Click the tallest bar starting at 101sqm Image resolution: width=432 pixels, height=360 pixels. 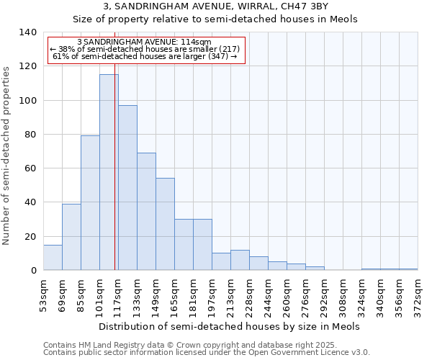click(x=109, y=173)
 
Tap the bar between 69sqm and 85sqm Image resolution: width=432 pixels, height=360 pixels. click(x=71, y=237)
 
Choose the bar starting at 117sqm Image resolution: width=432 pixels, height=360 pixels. click(x=127, y=188)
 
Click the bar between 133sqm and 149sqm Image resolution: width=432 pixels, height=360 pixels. click(x=146, y=212)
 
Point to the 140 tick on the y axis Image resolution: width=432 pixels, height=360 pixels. click(x=28, y=32)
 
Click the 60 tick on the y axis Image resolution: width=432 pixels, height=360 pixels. click(x=30, y=168)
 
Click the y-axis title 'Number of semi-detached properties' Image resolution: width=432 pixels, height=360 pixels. click(x=7, y=156)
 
